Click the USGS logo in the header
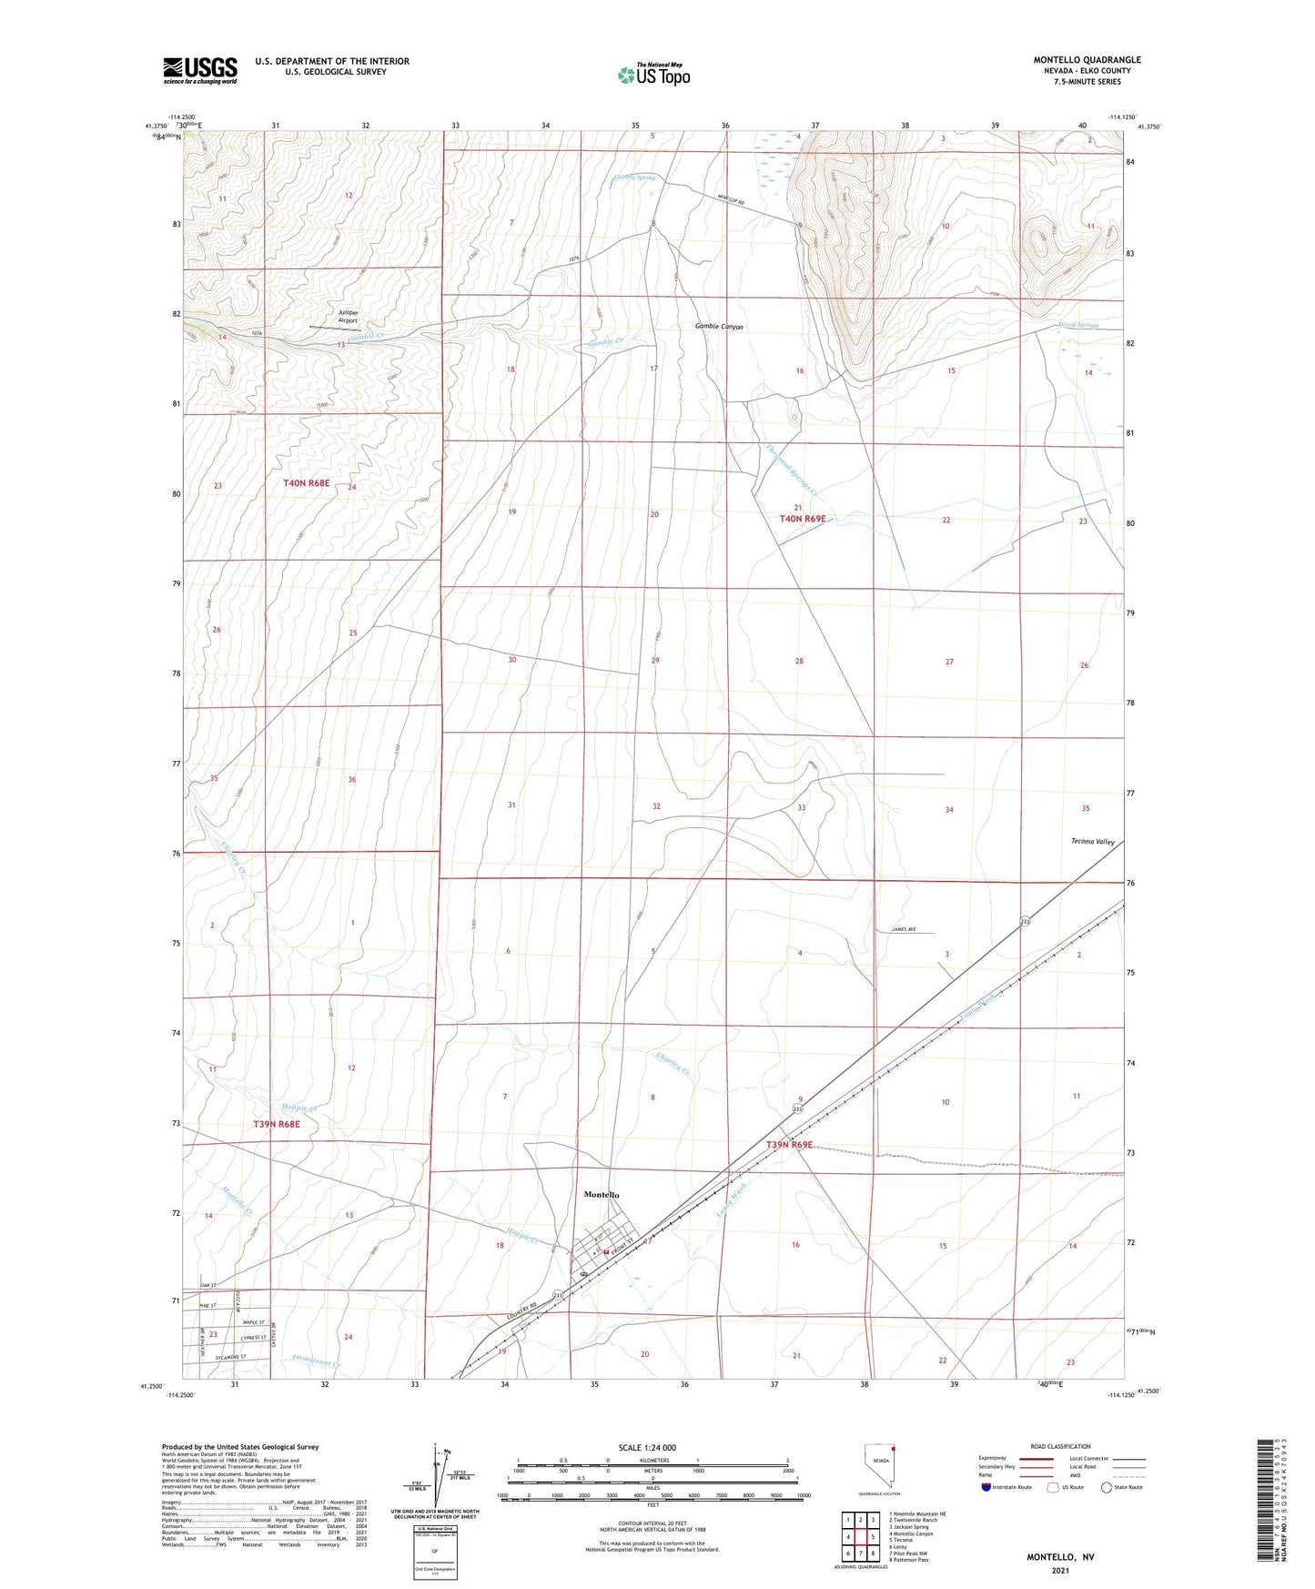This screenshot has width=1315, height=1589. click(200, 70)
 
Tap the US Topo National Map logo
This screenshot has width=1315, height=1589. click(653, 74)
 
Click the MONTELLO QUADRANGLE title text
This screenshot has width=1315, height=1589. click(1087, 60)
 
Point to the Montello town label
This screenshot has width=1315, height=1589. click(602, 1194)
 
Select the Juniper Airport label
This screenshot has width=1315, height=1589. click(348, 317)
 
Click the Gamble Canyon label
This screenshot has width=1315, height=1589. click(719, 327)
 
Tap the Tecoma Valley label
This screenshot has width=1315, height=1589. click(1092, 842)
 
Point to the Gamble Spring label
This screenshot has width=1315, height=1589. click(634, 177)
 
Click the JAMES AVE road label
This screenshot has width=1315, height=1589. click(897, 929)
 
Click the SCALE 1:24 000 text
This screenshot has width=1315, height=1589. click(647, 1448)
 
